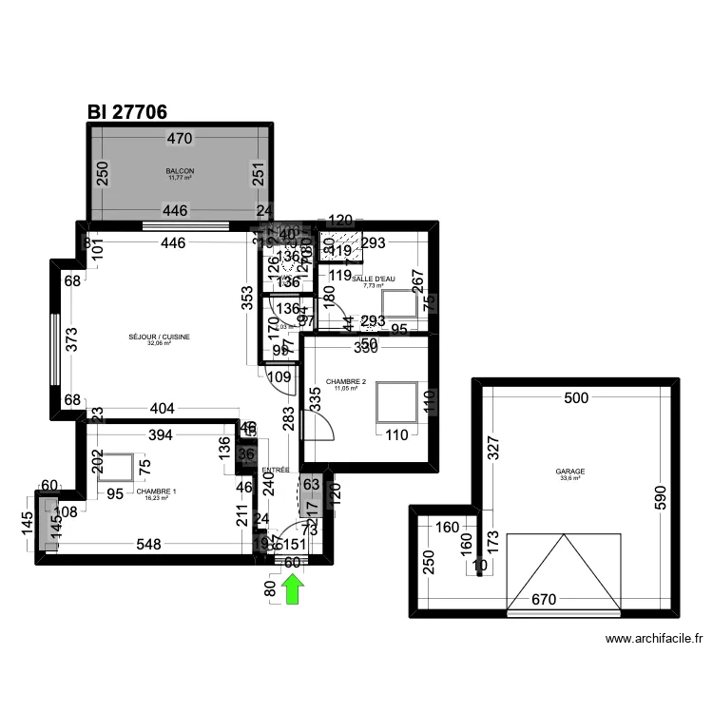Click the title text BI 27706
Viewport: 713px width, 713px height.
[x=127, y=111]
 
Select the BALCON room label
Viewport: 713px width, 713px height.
[x=181, y=173]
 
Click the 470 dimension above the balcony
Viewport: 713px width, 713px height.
[x=180, y=139]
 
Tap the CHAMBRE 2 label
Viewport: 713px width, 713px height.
[x=345, y=382]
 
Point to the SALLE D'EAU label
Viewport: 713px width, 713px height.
[x=373, y=279]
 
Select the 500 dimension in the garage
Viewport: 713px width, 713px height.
[x=576, y=398]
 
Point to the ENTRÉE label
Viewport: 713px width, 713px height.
[x=276, y=470]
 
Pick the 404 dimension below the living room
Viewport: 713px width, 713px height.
[x=163, y=409]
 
